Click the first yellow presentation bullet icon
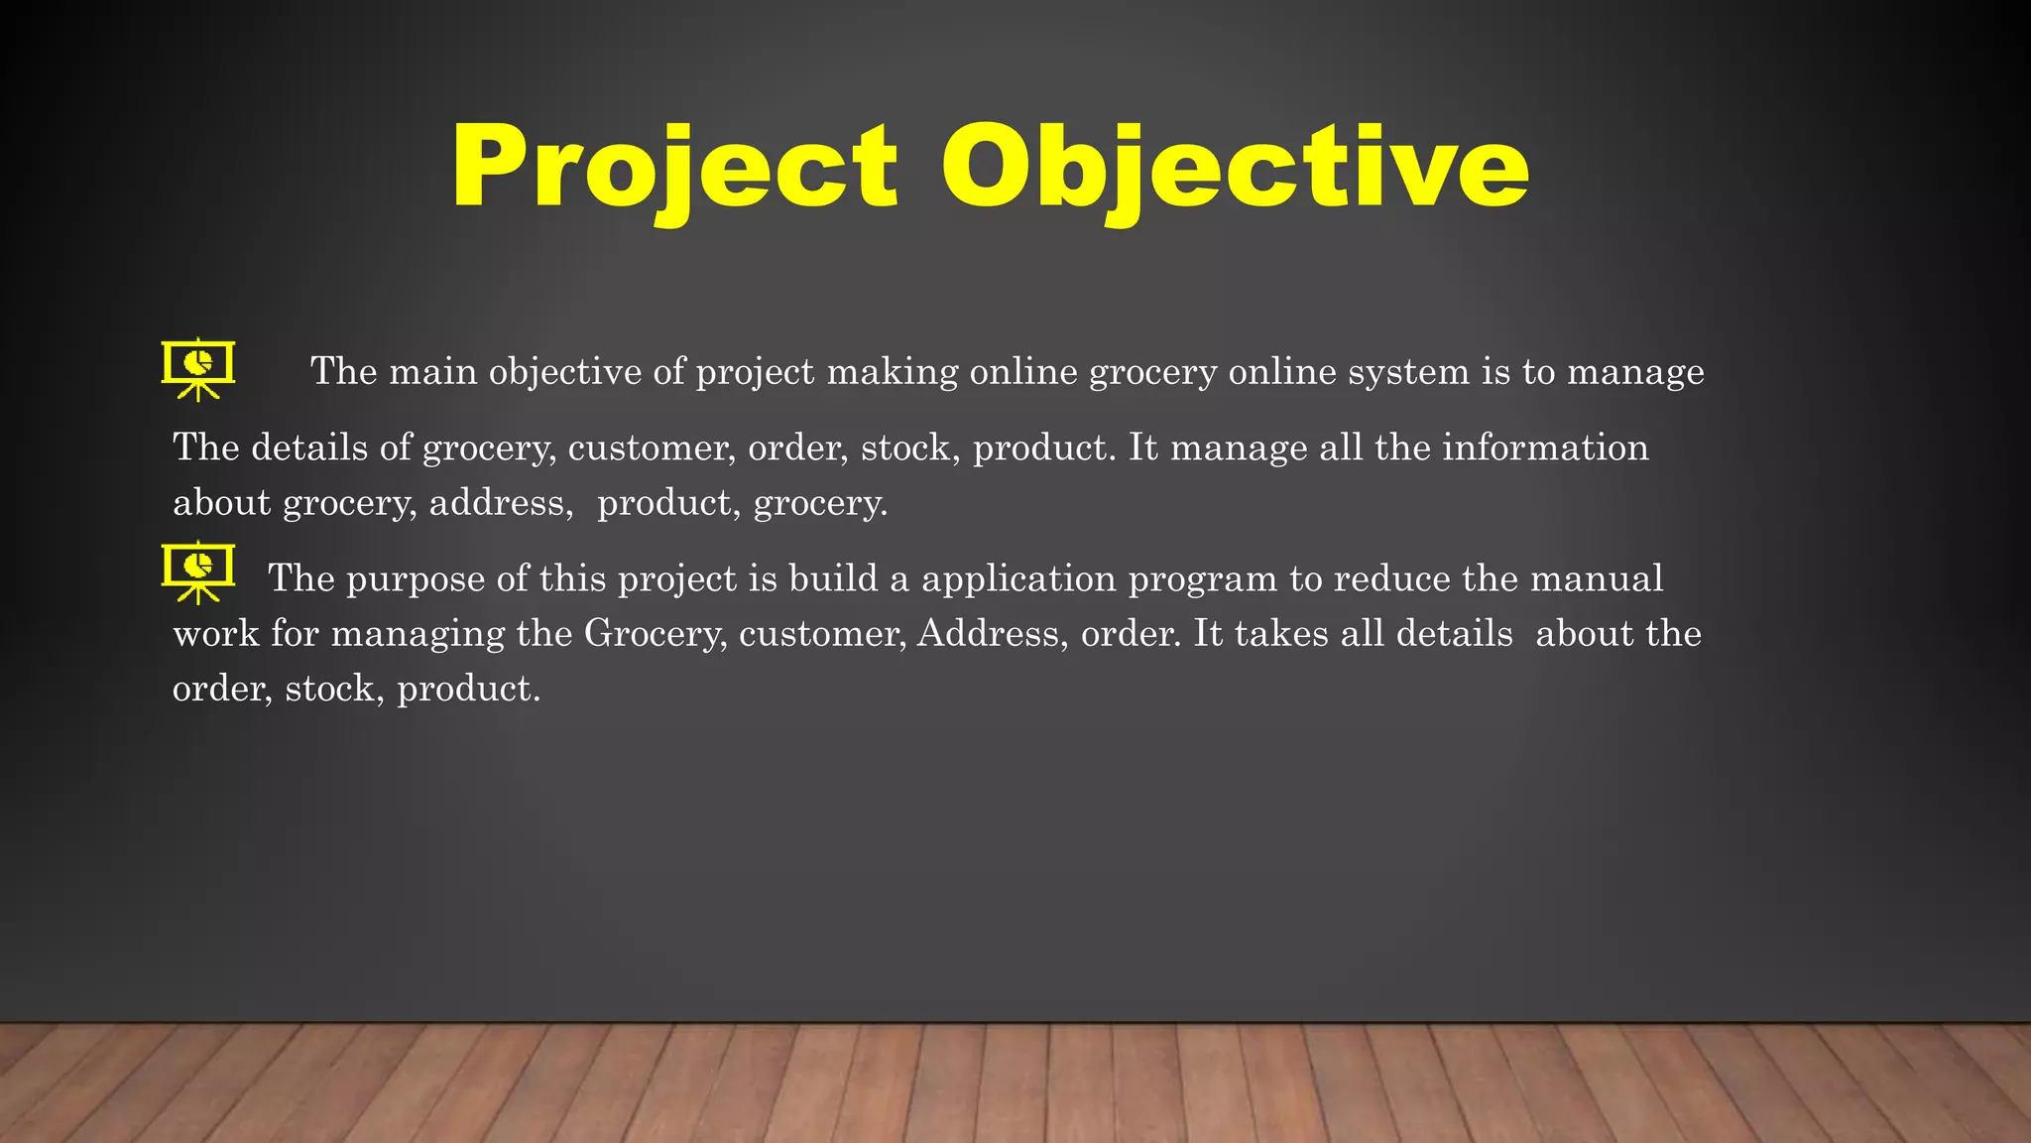[x=198, y=369]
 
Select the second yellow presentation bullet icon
[x=198, y=571]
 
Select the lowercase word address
[x=501, y=503]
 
